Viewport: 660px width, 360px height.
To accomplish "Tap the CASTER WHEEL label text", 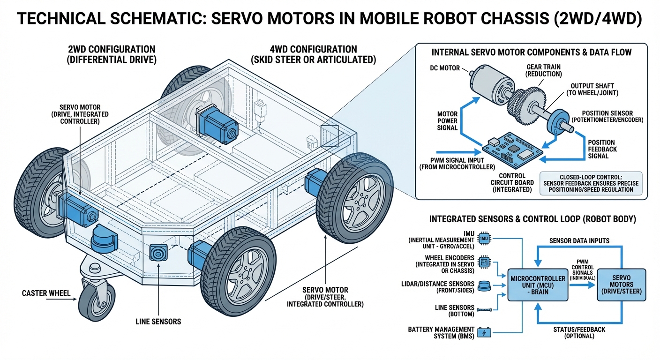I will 46,293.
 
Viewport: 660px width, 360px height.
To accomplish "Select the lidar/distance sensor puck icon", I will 484,285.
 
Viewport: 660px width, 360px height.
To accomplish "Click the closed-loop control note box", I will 592,183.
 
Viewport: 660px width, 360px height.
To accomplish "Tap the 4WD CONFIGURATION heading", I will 314,50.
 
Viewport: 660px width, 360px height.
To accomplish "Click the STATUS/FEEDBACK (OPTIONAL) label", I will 579,333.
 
